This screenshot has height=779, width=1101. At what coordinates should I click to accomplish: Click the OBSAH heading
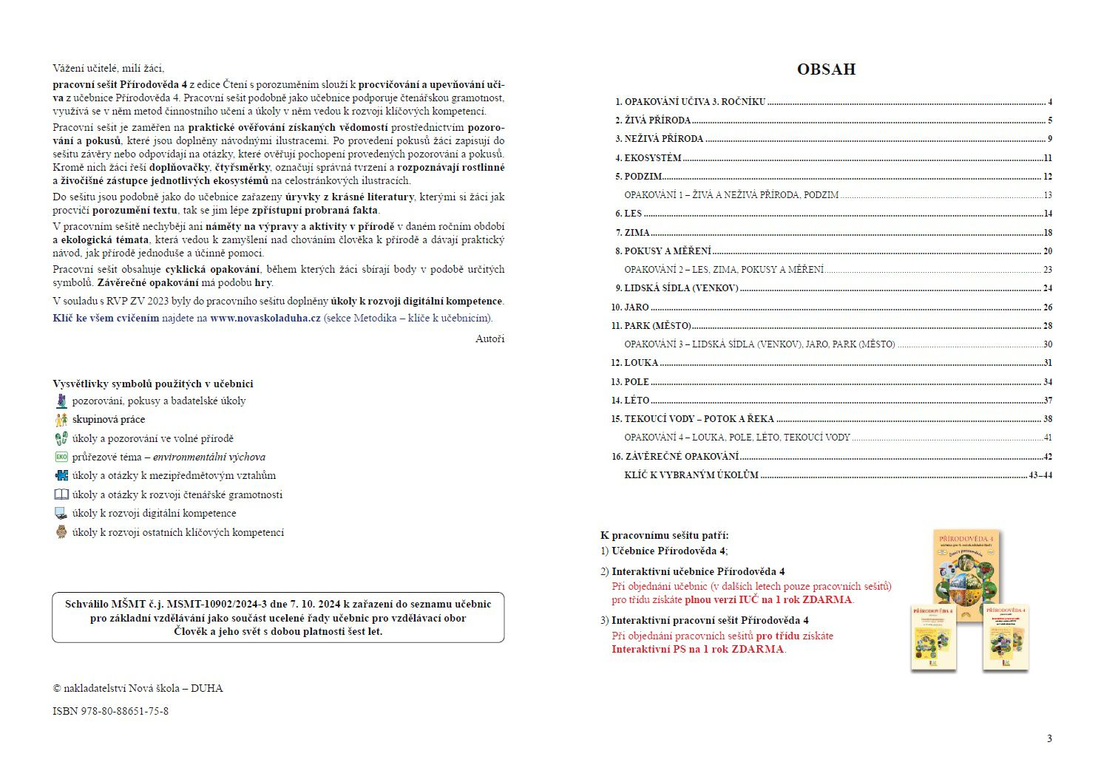826,69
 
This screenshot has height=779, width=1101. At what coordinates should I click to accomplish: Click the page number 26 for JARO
1047,307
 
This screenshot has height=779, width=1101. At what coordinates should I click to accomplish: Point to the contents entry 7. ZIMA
632,233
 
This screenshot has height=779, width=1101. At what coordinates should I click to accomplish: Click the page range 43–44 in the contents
1040,475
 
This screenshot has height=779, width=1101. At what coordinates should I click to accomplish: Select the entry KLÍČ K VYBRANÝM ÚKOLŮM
691,475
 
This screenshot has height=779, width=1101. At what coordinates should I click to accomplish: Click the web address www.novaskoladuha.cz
265,318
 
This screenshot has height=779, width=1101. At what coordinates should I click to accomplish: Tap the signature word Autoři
489,339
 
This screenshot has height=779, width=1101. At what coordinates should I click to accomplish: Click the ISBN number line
110,711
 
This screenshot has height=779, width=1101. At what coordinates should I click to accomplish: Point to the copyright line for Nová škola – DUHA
138,688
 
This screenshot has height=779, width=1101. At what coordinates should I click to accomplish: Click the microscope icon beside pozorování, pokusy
61,401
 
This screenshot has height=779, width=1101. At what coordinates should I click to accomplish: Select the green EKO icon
61,457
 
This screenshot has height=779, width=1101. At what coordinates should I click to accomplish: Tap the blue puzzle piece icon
61,475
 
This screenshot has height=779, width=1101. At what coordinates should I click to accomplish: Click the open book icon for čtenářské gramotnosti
61,494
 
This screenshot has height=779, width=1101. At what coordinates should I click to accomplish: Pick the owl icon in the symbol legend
61,532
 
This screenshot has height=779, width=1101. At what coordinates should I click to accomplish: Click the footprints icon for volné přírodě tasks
61,438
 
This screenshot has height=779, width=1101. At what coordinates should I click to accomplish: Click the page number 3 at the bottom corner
1049,738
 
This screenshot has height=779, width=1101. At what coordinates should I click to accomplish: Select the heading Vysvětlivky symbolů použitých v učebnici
153,384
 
